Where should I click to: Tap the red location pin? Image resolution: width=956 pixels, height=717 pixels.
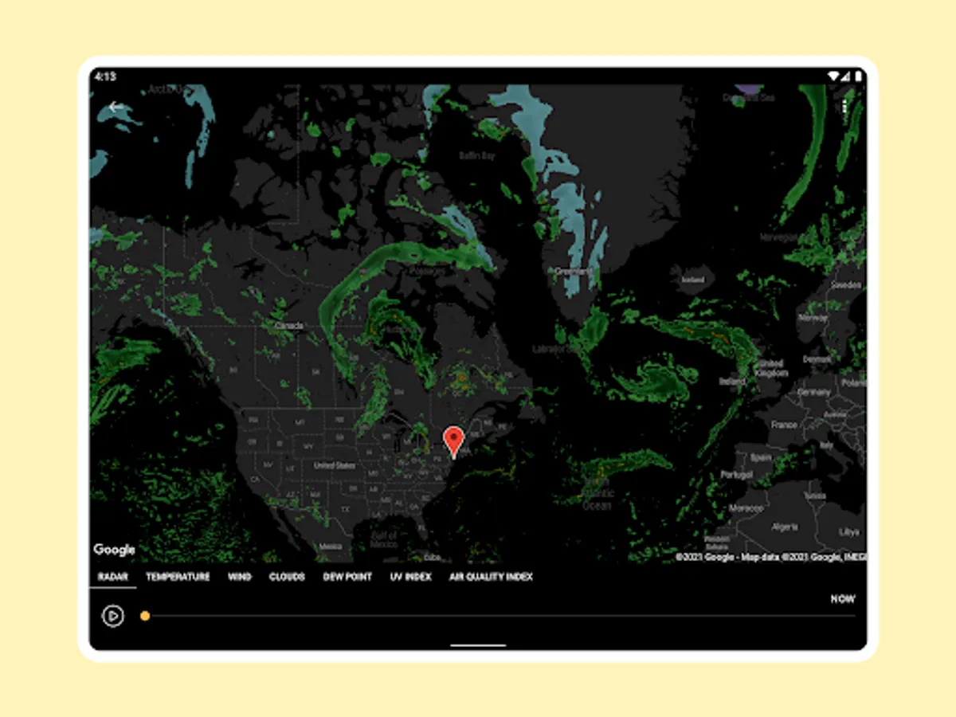pyautogui.click(x=453, y=440)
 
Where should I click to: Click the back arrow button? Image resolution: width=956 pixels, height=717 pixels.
pyautogui.click(x=116, y=107)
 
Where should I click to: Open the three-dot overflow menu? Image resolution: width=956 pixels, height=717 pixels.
pyautogui.click(x=844, y=107)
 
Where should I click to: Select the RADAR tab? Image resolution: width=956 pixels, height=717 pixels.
pyautogui.click(x=112, y=577)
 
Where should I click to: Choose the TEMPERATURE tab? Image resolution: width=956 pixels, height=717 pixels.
pyautogui.click(x=178, y=577)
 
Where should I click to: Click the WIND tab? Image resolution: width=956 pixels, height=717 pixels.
pyautogui.click(x=239, y=577)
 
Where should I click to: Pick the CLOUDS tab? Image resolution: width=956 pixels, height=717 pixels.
pyautogui.click(x=287, y=577)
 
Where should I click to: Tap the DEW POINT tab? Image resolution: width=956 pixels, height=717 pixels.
pyautogui.click(x=347, y=577)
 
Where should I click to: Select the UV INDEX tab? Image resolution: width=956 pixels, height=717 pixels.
pyautogui.click(x=410, y=577)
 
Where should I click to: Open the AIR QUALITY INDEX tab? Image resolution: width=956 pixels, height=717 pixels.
pyautogui.click(x=491, y=577)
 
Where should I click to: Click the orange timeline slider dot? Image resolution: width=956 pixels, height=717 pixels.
pyautogui.click(x=145, y=616)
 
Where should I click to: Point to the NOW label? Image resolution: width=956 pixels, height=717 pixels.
pyautogui.click(x=842, y=599)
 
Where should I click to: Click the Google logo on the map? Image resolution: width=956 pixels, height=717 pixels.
pyautogui.click(x=114, y=550)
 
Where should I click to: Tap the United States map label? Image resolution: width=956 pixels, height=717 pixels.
pyautogui.click(x=334, y=465)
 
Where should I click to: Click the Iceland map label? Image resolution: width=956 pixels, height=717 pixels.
pyautogui.click(x=693, y=280)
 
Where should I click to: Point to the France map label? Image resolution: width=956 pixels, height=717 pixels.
pyautogui.click(x=784, y=425)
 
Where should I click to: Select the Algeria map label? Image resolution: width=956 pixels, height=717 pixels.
pyautogui.click(x=785, y=527)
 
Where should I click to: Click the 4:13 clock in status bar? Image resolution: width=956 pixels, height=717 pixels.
pyautogui.click(x=104, y=76)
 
